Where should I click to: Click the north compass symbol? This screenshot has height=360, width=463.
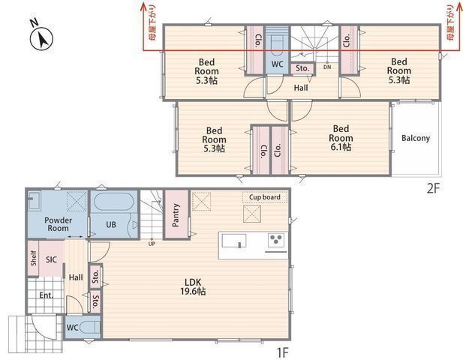point(41,38)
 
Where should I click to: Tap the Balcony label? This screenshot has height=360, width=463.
point(416,138)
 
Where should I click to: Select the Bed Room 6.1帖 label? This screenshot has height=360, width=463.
point(341,138)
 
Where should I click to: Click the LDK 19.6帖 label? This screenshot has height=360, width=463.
point(193,286)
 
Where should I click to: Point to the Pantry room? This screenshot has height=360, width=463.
point(176,214)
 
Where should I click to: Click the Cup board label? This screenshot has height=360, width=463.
point(265,197)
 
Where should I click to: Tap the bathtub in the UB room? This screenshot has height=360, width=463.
point(113,202)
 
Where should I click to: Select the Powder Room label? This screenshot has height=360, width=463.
point(59,224)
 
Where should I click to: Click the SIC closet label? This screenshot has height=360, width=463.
point(51,259)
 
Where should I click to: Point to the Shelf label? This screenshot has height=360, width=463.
point(33,258)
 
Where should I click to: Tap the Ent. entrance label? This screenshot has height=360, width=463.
point(47,295)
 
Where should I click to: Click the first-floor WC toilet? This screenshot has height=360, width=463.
point(89,328)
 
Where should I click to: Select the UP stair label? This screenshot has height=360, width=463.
point(152,244)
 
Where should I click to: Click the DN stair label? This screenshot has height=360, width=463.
point(327,67)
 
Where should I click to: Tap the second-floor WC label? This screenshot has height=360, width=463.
point(277,64)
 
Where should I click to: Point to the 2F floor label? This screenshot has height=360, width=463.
point(433,188)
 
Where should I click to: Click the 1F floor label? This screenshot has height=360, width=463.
point(282,352)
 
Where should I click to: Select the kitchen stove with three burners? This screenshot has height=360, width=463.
point(276,240)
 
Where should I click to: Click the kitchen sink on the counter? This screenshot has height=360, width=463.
point(234,241)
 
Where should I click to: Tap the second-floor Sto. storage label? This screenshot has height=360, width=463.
point(302,68)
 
